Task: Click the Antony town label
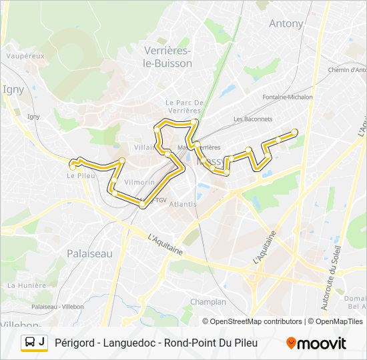pyautogui.click(x=286, y=23)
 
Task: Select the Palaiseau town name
pyautogui.click(x=89, y=253)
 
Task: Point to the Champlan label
pyautogui.click(x=208, y=302)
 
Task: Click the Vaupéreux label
pyautogui.click(x=25, y=56)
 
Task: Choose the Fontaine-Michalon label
pyautogui.click(x=288, y=97)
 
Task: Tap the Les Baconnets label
pyautogui.click(x=253, y=119)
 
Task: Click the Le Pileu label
pyautogui.click(x=80, y=176)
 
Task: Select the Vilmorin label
pyautogui.click(x=139, y=182)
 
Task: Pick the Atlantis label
pyautogui.click(x=183, y=204)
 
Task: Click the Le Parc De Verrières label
pyautogui.click(x=183, y=107)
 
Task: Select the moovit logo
pyautogui.click(x=316, y=343)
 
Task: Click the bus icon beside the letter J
pyautogui.click(x=30, y=343)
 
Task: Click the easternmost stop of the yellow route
pyautogui.click(x=294, y=132)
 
